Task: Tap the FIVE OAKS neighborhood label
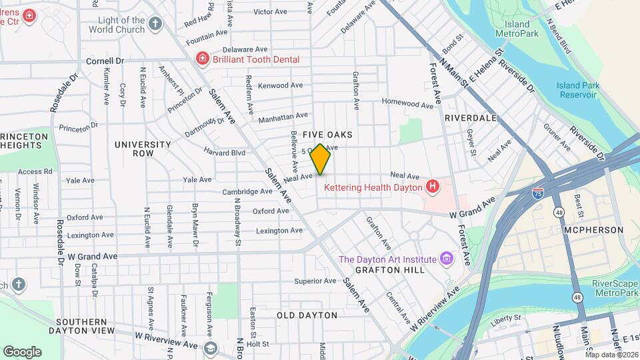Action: pos(327,135)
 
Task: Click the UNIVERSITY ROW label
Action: pos(143,149)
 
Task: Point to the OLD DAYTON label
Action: pos(307,315)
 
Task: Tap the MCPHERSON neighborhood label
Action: pos(593,230)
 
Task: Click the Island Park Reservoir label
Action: pos(578,90)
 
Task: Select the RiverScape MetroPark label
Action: pos(615,287)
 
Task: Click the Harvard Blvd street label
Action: pos(225,153)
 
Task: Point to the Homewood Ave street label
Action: pos(407,103)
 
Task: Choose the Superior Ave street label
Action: pos(315,281)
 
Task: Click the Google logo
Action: pos(22,351)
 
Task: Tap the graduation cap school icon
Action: pos(211,349)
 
